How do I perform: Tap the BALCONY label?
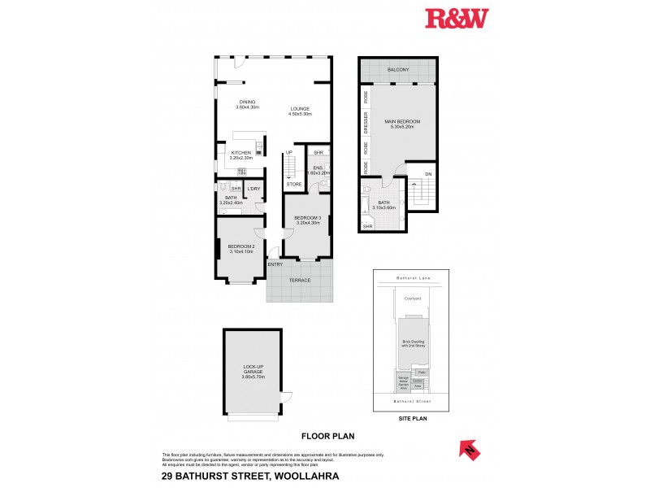(397, 70)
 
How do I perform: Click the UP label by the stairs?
(288, 152)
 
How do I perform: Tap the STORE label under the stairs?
(294, 185)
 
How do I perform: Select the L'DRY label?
(253, 190)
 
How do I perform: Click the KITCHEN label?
(241, 153)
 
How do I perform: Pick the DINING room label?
(247, 102)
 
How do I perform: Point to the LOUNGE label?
(300, 109)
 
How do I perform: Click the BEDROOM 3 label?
(306, 218)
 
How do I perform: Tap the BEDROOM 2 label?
(241, 246)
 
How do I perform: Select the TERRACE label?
(301, 280)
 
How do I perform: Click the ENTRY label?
(275, 264)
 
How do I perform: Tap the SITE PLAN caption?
(412, 419)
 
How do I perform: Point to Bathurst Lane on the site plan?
(412, 279)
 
